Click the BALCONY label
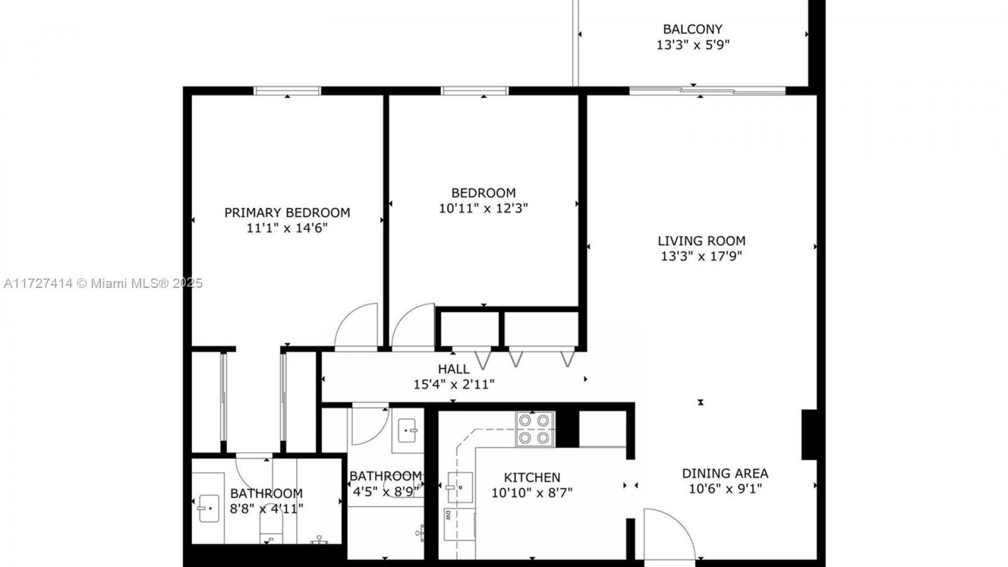692,29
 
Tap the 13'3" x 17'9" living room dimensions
701,256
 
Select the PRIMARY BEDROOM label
287,213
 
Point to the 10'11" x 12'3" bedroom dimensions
483,208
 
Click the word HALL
454,369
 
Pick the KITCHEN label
532,478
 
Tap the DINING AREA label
725,474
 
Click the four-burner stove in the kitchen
535,429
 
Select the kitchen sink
460,487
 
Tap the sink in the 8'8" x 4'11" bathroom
208,508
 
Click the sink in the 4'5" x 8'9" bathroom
407,432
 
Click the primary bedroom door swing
356,326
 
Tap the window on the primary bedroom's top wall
287,91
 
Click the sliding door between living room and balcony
707,91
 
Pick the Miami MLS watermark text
103,283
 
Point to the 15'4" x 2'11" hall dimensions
454,385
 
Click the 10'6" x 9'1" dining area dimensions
725,489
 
